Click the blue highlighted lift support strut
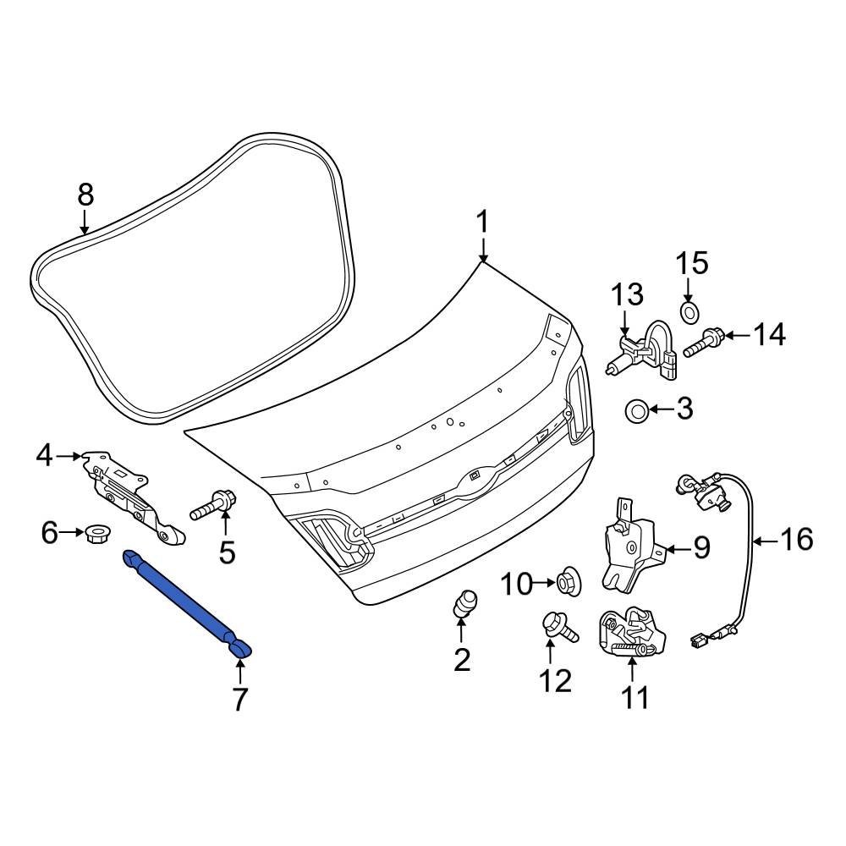click(187, 602)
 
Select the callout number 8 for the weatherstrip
click(85, 195)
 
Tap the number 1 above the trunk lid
click(482, 222)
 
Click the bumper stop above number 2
click(465, 603)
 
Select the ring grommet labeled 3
click(637, 410)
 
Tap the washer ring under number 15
click(689, 312)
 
